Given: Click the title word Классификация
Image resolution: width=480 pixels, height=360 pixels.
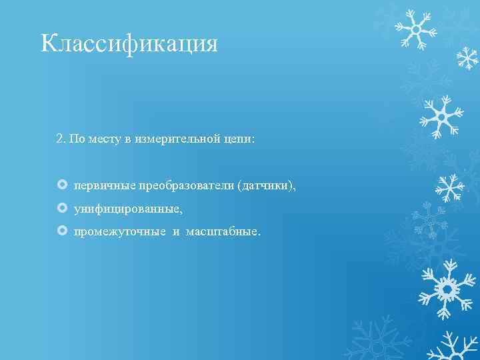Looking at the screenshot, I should coord(129,44).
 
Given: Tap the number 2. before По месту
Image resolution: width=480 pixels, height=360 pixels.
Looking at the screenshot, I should coord(61,139).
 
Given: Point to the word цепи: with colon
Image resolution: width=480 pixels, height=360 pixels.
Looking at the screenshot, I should coord(240,139).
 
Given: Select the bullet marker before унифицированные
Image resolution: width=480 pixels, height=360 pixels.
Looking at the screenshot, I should coord(62,209).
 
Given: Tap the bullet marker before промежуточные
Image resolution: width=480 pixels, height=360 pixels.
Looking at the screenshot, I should coord(62,231).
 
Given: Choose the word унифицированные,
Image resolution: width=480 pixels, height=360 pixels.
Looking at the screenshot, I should coord(128,209).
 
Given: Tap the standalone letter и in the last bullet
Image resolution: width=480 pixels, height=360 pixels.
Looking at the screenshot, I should coord(177,232).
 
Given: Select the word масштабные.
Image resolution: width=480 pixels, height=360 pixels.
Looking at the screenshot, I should coord(224,232).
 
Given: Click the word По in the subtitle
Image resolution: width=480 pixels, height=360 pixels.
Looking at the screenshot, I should coord(77,139).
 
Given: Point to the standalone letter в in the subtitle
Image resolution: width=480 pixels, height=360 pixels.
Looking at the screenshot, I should coord(127,139).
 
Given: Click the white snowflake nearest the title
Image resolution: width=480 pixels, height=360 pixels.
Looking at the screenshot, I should coord(415,29).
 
